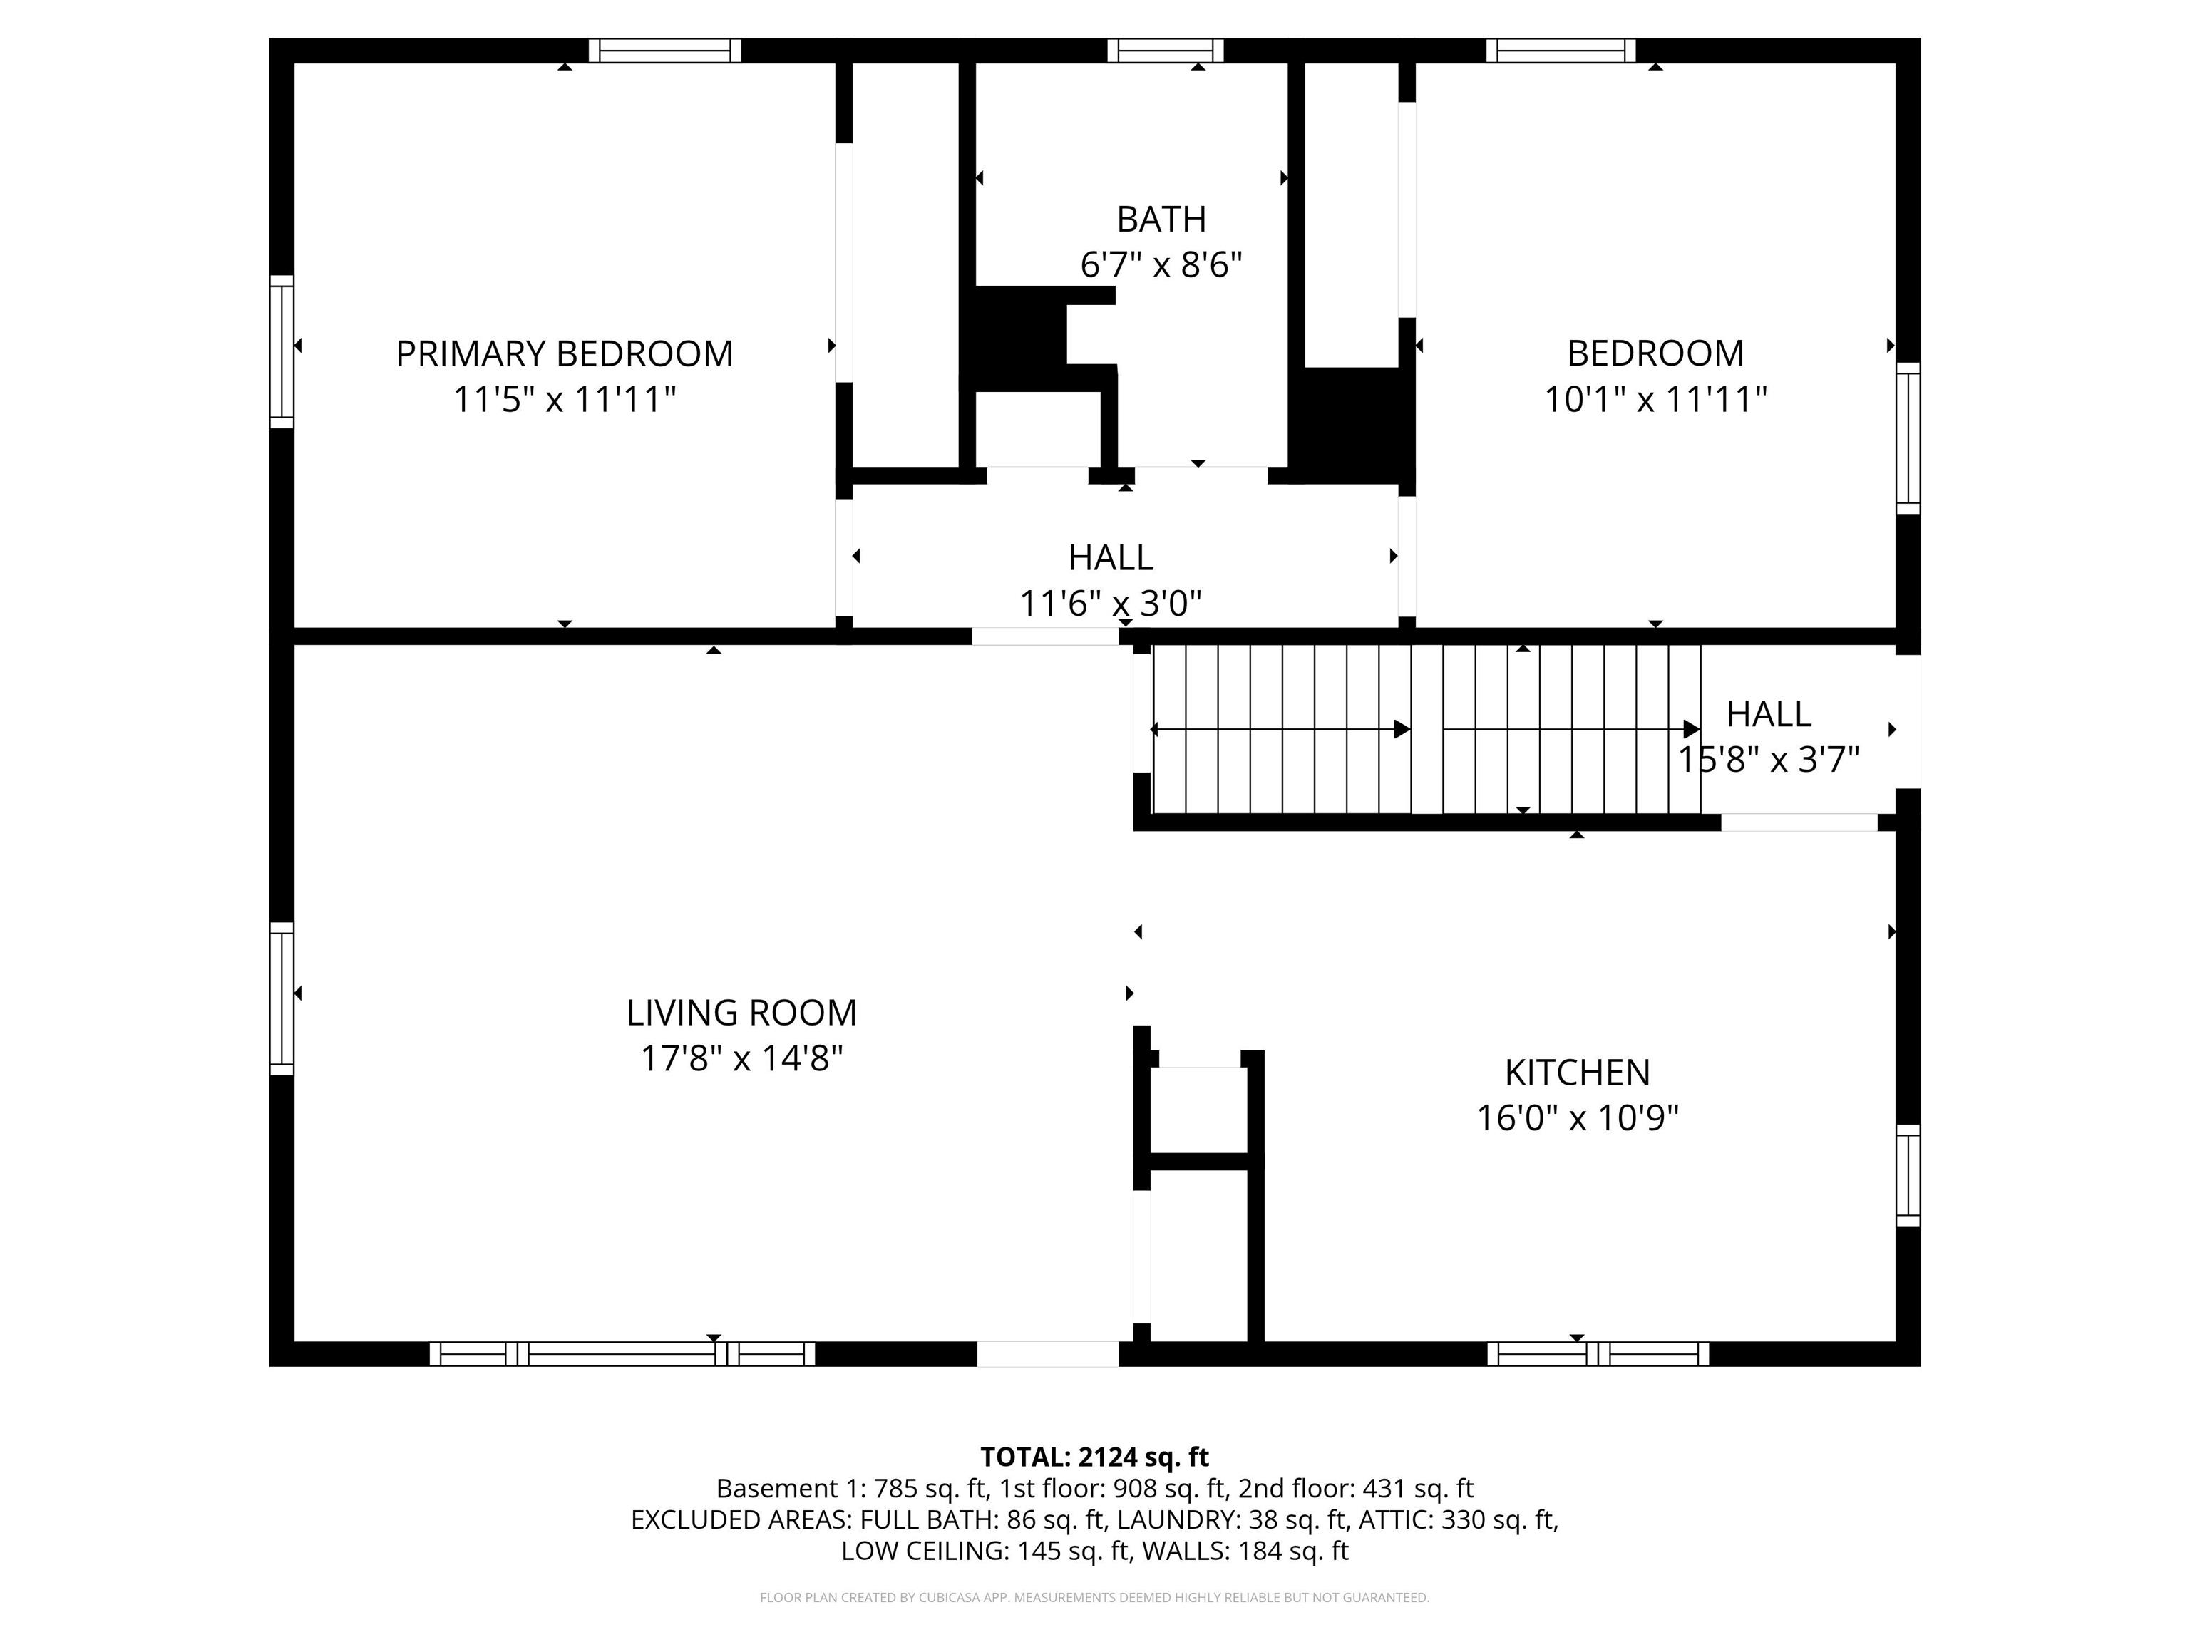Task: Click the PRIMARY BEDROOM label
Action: (x=565, y=353)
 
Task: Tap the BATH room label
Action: (x=1161, y=219)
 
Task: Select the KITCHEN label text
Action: (x=1577, y=1072)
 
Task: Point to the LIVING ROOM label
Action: (x=741, y=1013)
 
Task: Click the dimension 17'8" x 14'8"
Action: (x=741, y=1058)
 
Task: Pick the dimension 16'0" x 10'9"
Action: (x=1577, y=1117)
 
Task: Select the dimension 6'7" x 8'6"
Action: (x=1161, y=264)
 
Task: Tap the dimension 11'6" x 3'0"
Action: (x=1111, y=603)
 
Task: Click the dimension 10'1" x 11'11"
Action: (x=1655, y=399)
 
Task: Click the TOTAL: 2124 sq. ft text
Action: (x=1095, y=1457)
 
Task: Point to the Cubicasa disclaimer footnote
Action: (x=1095, y=1598)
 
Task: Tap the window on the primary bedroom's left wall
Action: (x=282, y=352)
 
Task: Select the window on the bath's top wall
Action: (x=1166, y=51)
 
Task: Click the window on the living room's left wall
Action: (x=282, y=998)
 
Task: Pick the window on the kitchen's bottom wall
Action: (x=1598, y=1354)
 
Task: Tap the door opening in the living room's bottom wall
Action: (x=1047, y=1354)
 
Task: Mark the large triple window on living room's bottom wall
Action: (x=622, y=1354)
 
